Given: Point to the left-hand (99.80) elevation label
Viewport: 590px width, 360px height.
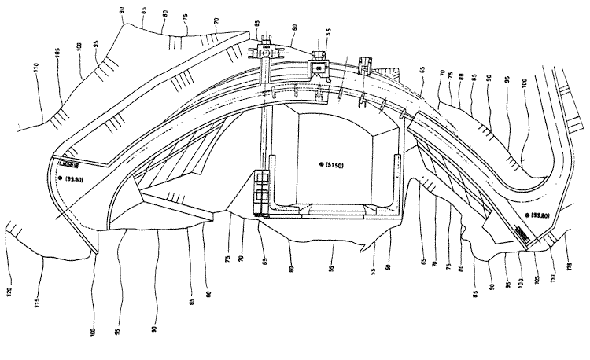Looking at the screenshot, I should click(x=76, y=179).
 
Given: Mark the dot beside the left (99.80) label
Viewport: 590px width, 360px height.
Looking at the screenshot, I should click(x=60, y=179).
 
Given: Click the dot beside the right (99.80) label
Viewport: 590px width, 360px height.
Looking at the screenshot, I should click(x=527, y=215).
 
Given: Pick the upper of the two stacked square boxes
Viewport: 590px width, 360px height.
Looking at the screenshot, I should click(x=260, y=178).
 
